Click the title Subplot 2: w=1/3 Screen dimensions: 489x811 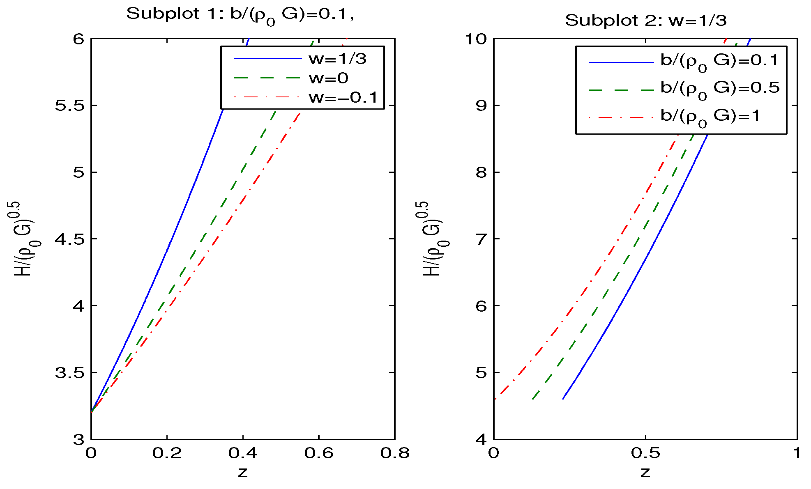tap(645, 21)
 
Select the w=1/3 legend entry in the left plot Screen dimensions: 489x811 tap(338, 59)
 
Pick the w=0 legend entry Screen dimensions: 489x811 tap(329, 78)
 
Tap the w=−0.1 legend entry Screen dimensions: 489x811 tap(343, 98)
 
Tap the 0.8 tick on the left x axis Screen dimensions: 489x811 tap(394, 453)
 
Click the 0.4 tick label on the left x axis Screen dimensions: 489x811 tap(243, 453)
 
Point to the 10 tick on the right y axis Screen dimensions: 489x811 tap(475, 39)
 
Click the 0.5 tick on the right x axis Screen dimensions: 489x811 tap(645, 453)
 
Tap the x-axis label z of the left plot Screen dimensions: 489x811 tap(243, 473)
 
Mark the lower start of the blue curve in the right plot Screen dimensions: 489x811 tap(563, 399)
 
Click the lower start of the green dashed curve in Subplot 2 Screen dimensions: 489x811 tap(533, 399)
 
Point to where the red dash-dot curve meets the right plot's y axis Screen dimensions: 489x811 tap(494, 399)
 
